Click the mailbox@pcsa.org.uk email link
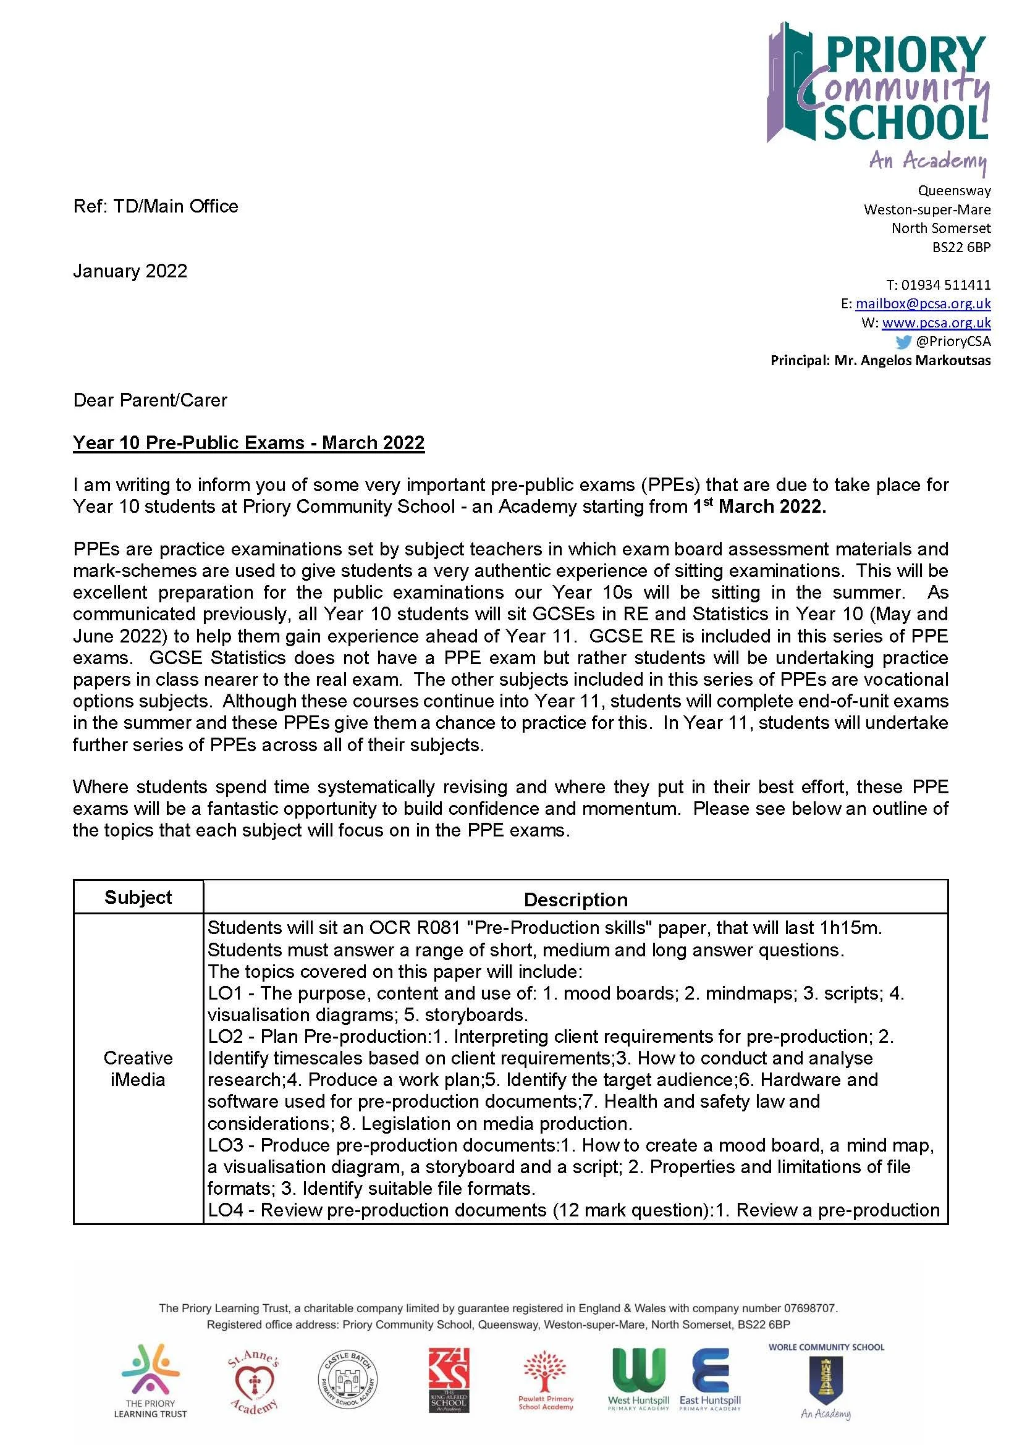(x=923, y=303)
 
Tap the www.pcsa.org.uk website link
(x=935, y=322)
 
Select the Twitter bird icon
(x=903, y=342)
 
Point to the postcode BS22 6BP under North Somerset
(x=961, y=247)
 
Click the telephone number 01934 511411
(x=946, y=284)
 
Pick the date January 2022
(x=130, y=271)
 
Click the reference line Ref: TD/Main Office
(x=156, y=206)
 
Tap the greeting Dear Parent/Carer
(x=150, y=400)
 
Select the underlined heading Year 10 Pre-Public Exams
(x=248, y=443)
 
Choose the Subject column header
(x=138, y=898)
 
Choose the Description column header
(x=575, y=899)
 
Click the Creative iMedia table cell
(x=138, y=1069)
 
